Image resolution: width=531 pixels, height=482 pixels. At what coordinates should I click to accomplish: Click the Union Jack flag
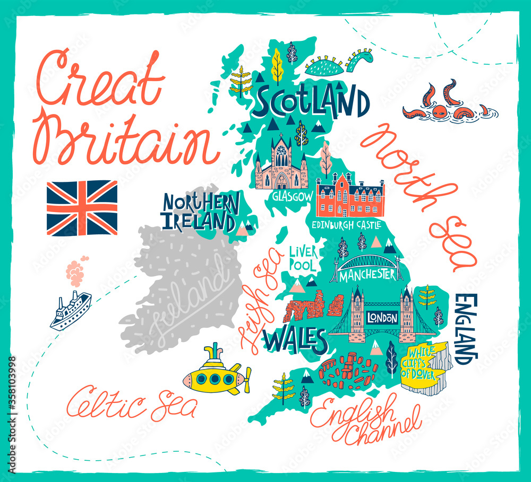pyautogui.click(x=82, y=208)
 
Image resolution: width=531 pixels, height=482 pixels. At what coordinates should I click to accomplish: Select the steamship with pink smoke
pyautogui.click(x=70, y=310)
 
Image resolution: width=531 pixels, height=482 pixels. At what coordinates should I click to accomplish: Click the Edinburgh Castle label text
pyautogui.click(x=346, y=225)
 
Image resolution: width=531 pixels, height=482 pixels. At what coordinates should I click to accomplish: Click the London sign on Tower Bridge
pyautogui.click(x=382, y=318)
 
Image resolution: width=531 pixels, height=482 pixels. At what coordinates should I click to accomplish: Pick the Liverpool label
pyautogui.click(x=303, y=257)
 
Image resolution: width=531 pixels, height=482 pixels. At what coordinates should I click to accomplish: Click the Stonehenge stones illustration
pyautogui.click(x=348, y=368)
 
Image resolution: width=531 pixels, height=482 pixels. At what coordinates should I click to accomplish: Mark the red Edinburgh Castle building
pyautogui.click(x=350, y=197)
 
